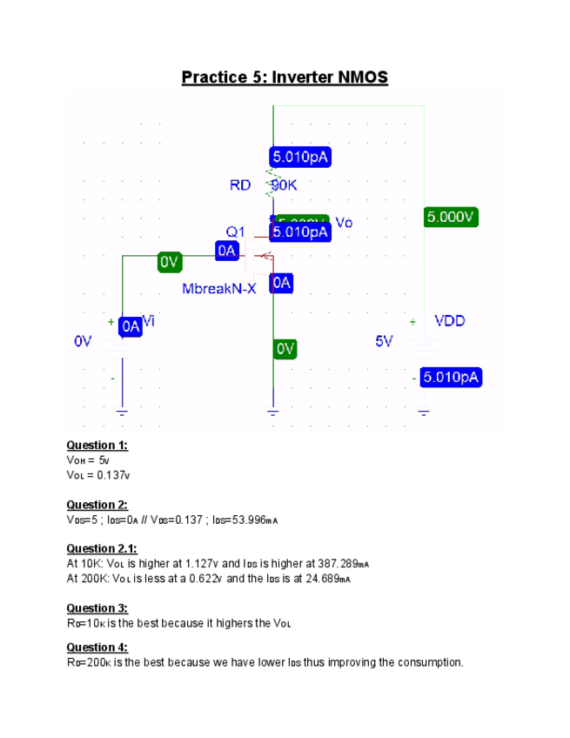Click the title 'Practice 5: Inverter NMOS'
285,77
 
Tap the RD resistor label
240,185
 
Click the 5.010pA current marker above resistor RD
301,157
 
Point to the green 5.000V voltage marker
453,217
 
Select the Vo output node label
344,223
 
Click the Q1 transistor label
236,232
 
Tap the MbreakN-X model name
219,288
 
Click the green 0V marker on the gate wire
169,261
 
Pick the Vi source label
149,321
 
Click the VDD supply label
450,321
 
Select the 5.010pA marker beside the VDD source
452,378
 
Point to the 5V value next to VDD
385,341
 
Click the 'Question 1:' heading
97,446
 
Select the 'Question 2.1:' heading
102,549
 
